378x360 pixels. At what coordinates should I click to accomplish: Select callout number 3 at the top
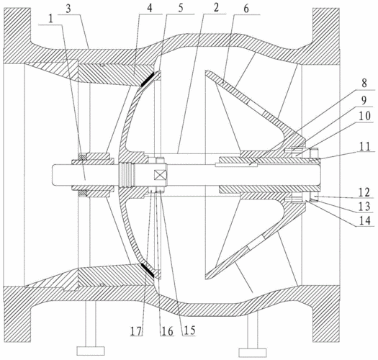68,9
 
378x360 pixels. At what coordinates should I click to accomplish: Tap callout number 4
150,9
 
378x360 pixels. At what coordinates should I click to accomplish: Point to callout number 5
181,8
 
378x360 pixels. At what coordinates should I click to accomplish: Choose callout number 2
216,8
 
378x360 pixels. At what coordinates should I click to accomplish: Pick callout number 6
246,9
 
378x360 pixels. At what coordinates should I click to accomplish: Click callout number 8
364,84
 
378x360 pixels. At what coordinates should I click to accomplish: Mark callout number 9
364,100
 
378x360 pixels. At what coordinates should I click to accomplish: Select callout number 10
364,116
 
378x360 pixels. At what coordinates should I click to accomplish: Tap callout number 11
364,146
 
